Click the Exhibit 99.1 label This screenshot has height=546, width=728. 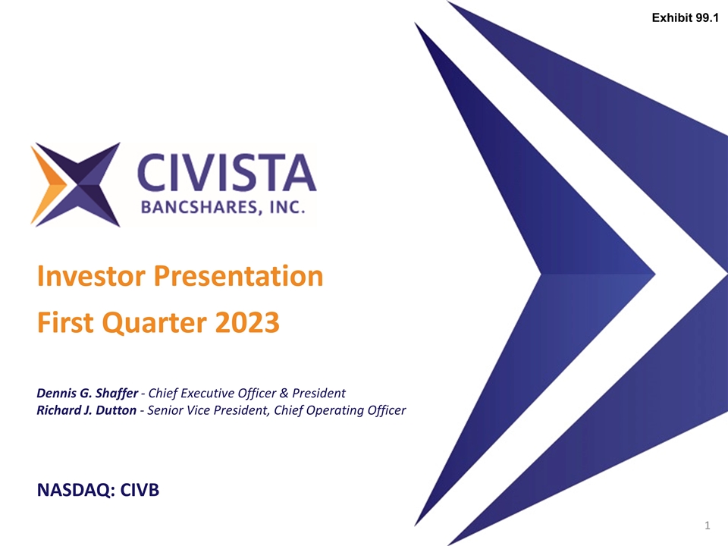coord(685,17)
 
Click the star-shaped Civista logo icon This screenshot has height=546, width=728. coord(75,184)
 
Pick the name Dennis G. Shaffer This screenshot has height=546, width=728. coord(86,393)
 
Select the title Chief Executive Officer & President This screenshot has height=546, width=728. coord(246,393)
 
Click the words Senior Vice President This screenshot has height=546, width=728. coord(204,410)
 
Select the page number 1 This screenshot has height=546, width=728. coord(707,525)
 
